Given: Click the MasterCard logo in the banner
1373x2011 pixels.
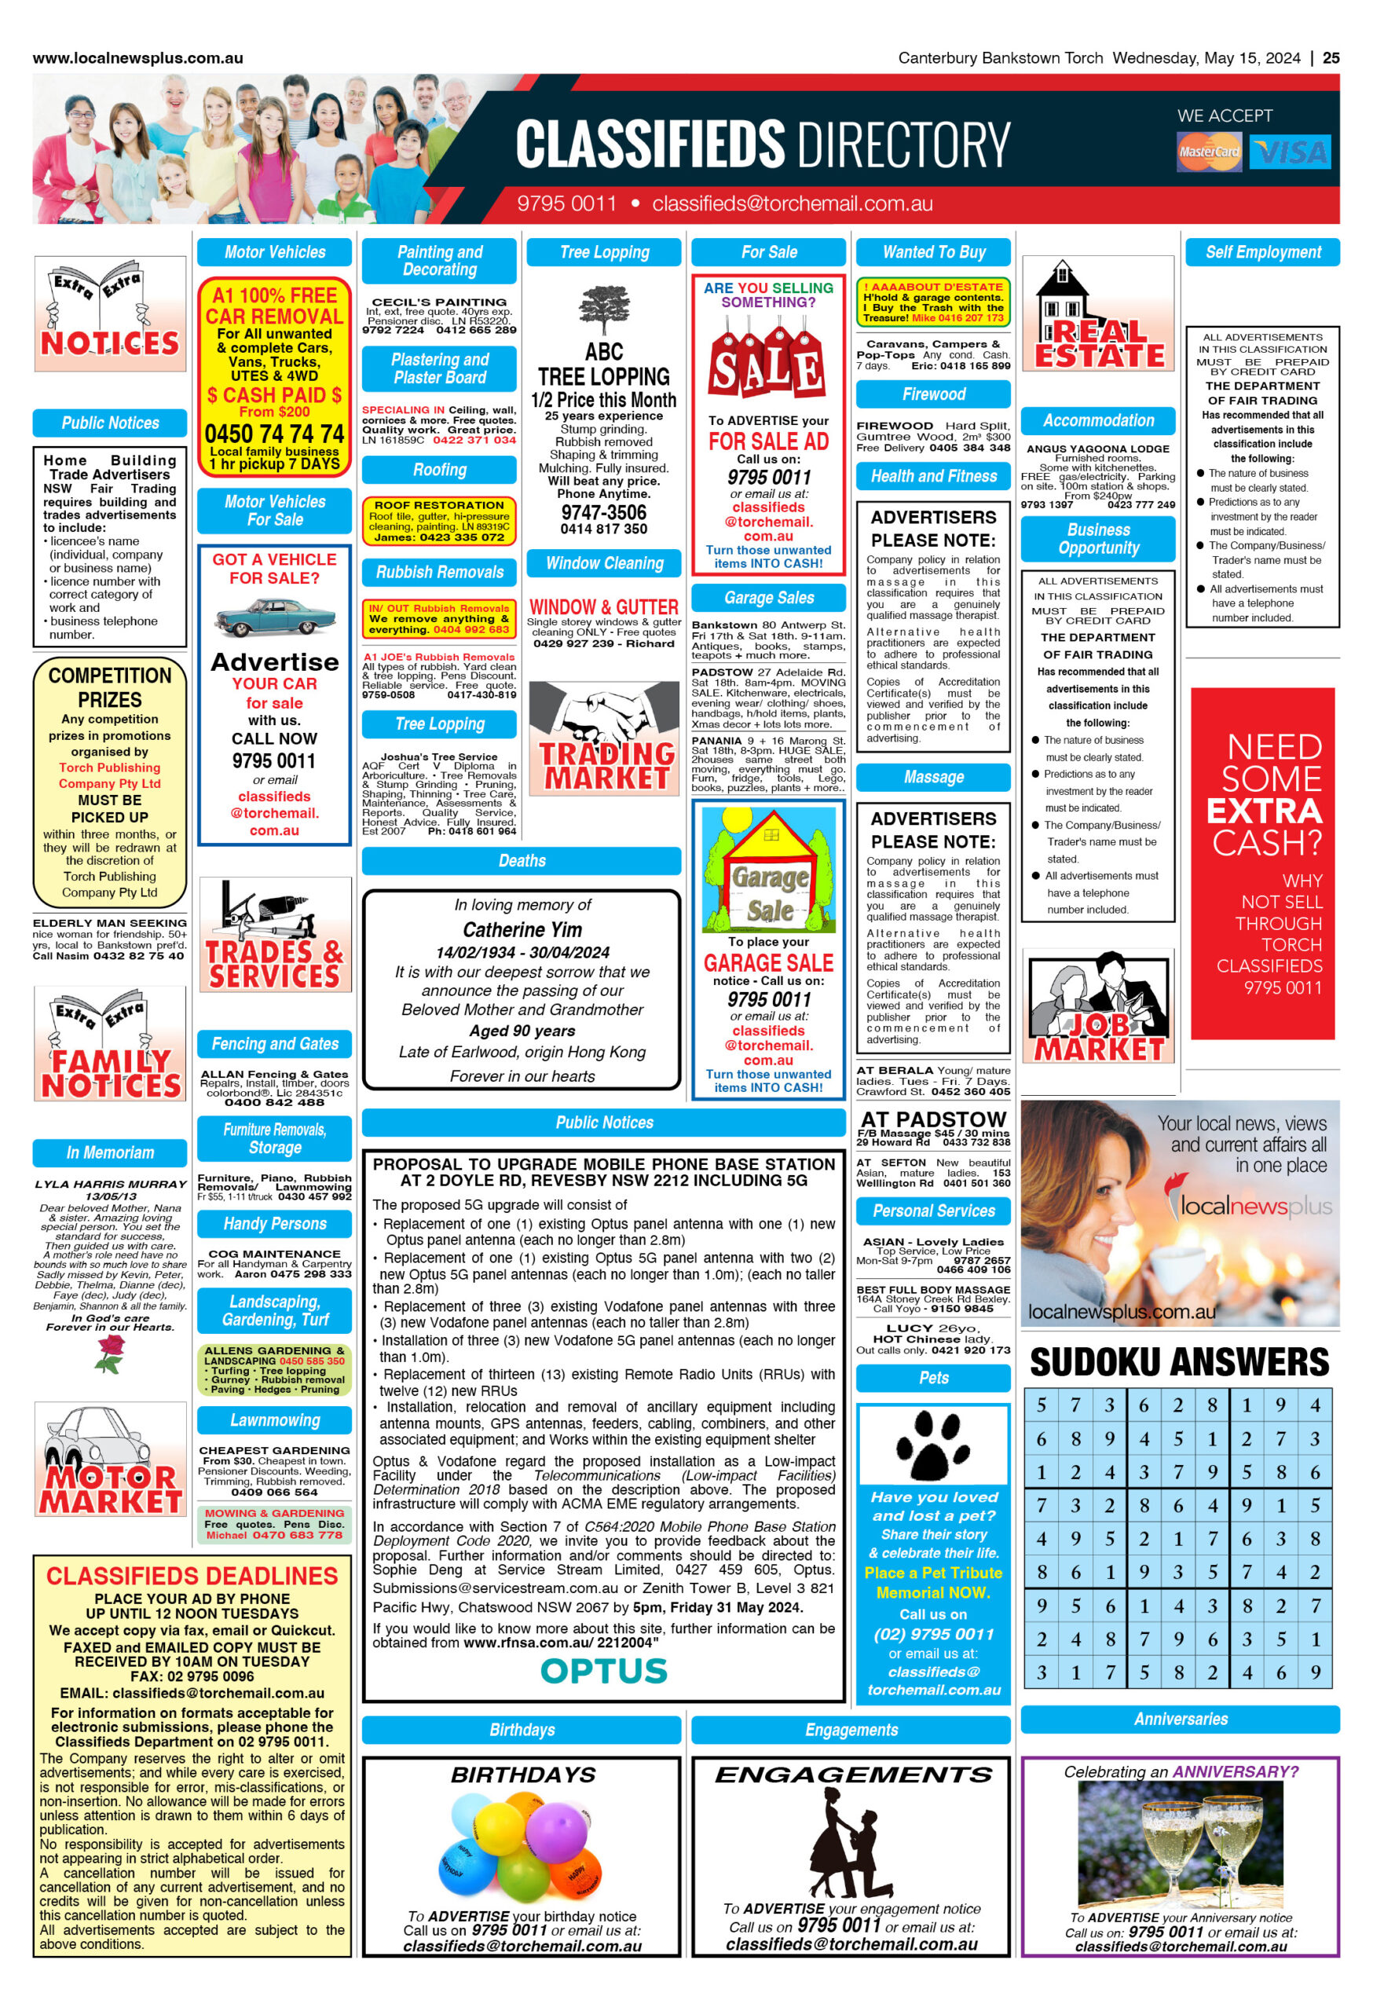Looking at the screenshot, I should click(1208, 152).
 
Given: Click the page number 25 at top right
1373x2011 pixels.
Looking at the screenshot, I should click(1331, 58).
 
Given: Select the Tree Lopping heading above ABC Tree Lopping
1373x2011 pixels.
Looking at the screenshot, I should click(604, 253).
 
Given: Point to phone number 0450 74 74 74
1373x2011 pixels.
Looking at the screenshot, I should click(274, 433).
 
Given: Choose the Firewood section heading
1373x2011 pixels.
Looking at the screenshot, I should click(932, 394).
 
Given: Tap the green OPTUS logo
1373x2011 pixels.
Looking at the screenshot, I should click(603, 1671).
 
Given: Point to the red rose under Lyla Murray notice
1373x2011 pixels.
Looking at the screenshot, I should click(109, 1354).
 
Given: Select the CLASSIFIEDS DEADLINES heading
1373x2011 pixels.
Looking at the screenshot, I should click(192, 1576).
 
